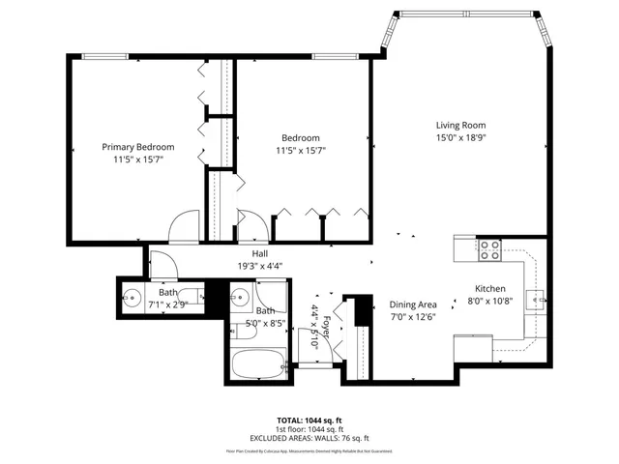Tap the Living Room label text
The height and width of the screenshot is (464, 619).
pyautogui.click(x=459, y=125)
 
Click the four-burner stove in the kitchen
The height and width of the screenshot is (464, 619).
pyautogui.click(x=490, y=250)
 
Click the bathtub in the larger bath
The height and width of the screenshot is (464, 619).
pyautogui.click(x=258, y=367)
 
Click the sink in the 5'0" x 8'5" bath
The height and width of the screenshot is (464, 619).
pyautogui.click(x=241, y=296)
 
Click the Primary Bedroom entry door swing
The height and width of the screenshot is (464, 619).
pyautogui.click(x=183, y=228)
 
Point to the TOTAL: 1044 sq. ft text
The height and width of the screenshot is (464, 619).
pyautogui.click(x=309, y=420)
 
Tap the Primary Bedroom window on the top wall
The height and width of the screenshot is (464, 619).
pyautogui.click(x=100, y=56)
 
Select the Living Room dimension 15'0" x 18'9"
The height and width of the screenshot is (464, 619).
pyautogui.click(x=459, y=138)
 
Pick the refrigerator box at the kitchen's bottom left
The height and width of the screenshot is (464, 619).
pyautogui.click(x=474, y=347)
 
